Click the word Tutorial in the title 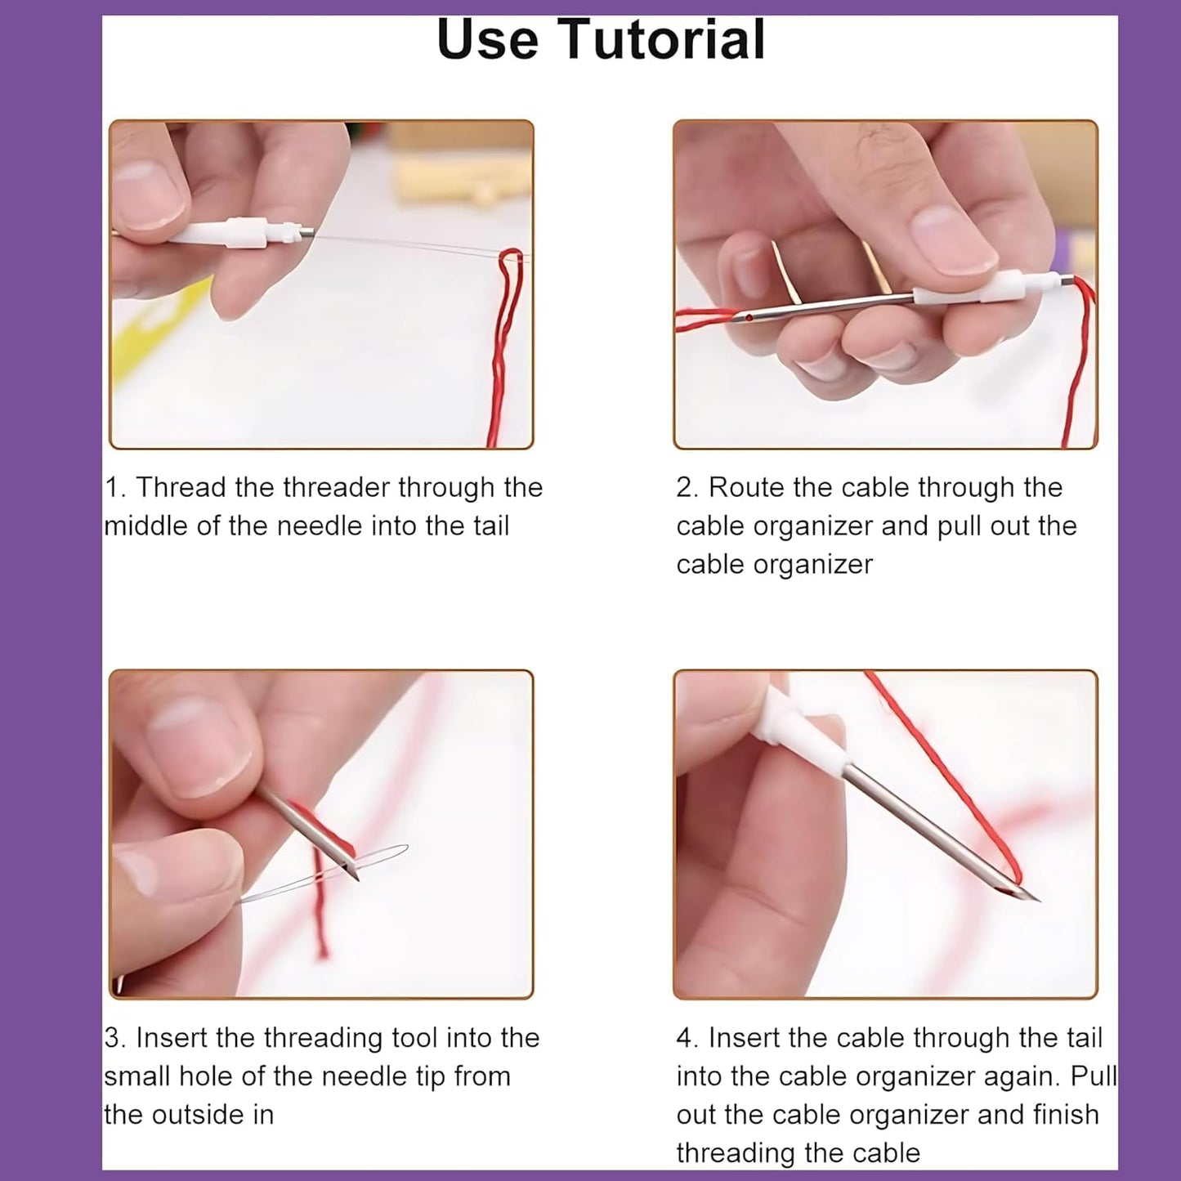click(x=663, y=39)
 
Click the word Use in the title click(x=487, y=39)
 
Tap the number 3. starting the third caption click(x=114, y=1038)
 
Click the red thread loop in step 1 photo click(x=510, y=278)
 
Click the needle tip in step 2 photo click(x=740, y=316)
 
